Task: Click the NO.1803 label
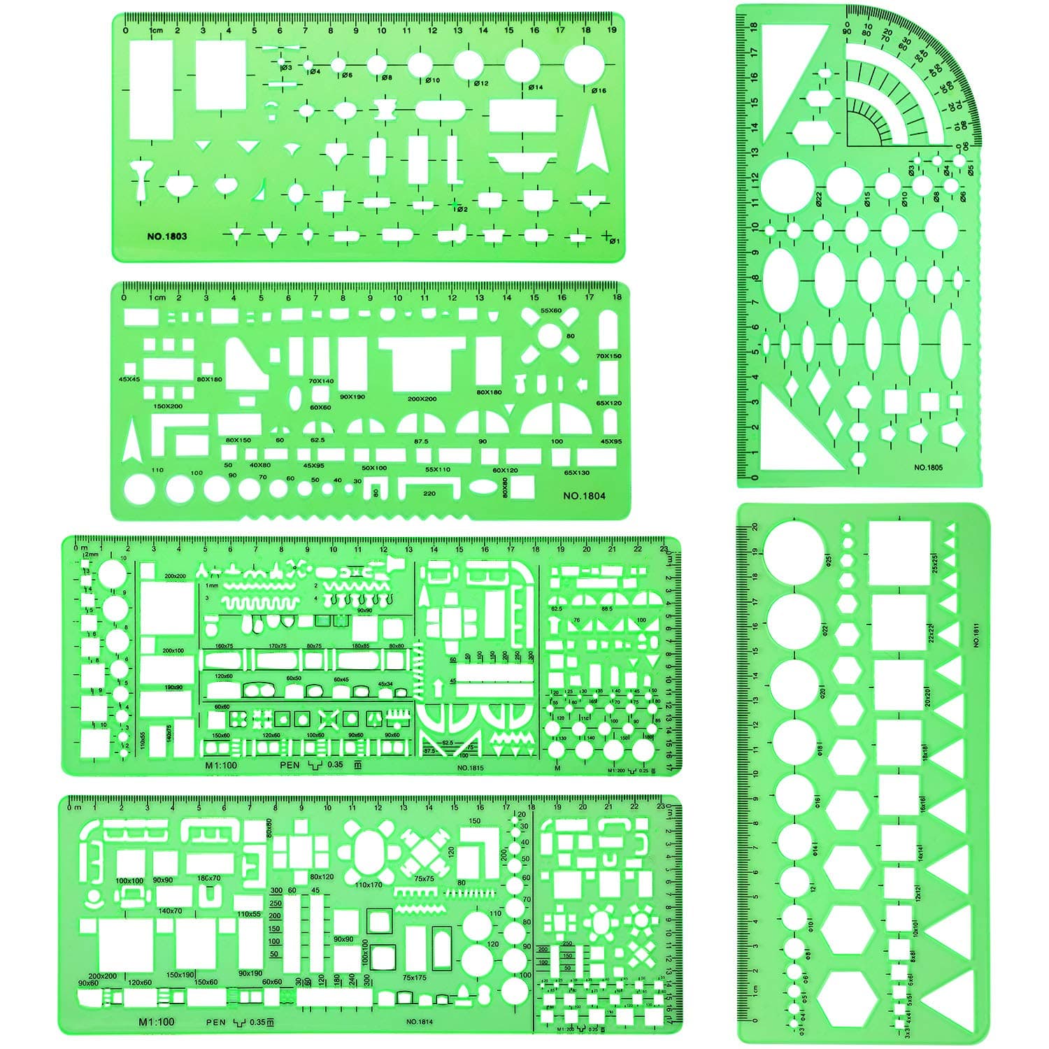[x=166, y=236]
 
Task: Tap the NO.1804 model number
[x=585, y=497]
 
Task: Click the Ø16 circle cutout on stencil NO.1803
[x=583, y=66]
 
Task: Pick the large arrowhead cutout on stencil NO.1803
[x=591, y=140]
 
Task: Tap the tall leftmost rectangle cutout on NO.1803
[x=151, y=89]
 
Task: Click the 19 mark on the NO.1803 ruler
[x=612, y=30]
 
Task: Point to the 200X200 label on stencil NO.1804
[x=422, y=399]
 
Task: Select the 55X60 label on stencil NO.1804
[x=551, y=310]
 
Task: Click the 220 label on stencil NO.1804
[x=429, y=494]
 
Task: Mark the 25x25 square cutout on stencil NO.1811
[x=900, y=552]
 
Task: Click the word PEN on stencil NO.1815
[x=290, y=765]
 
